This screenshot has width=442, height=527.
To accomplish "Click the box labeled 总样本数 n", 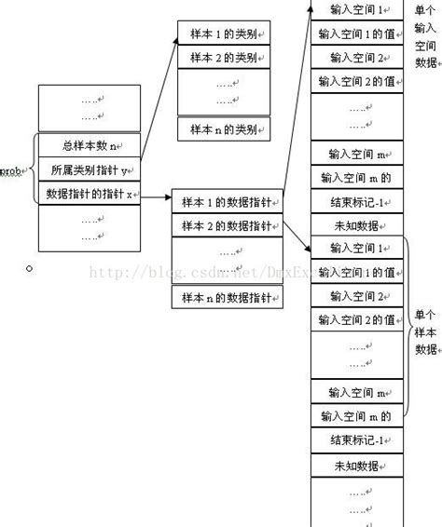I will pos(89,145).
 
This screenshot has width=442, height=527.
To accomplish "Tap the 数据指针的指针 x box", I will pos(89,194).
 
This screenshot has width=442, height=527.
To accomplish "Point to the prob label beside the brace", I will pos(12,171).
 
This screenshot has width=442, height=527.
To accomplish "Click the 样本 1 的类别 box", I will pos(223,34).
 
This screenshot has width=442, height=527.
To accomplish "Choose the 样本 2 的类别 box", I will pos(223,58).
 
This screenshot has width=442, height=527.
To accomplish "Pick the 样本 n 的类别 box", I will pos(223,128).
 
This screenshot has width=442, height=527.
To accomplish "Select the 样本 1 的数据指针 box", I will pos(227,203).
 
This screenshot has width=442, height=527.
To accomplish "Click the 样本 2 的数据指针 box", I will pos(227,226).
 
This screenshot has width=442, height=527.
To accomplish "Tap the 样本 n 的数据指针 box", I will pos(227,298).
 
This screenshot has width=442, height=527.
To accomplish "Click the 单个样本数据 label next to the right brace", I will pos(424,331).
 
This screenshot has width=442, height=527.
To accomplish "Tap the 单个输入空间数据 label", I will pos(424,37).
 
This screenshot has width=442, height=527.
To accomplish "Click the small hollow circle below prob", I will pos(29,268).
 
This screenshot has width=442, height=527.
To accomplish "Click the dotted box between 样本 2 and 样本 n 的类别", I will pos(223,92).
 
